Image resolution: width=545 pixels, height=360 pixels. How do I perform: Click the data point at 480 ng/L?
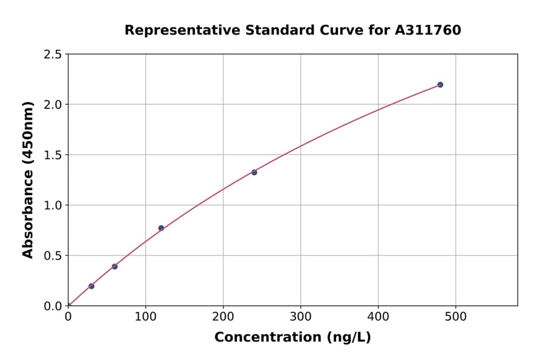click(x=440, y=85)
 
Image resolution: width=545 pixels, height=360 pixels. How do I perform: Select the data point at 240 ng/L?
click(x=254, y=173)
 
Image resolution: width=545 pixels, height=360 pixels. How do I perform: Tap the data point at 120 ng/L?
click(x=161, y=228)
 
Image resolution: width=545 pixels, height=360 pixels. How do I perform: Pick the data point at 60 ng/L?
click(x=114, y=267)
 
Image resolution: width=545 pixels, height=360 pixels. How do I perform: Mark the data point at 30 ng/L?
click(x=91, y=286)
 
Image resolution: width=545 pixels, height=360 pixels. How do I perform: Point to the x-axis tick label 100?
click(x=145, y=316)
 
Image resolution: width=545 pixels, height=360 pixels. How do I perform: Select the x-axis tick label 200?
click(x=223, y=316)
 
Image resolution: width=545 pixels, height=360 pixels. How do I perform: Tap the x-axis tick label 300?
click(x=300, y=316)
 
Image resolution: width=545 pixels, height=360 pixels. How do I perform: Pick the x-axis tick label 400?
click(x=378, y=316)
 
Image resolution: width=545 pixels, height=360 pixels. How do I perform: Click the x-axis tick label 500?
click(x=455, y=316)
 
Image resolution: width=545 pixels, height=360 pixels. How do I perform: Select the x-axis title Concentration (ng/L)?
click(x=292, y=338)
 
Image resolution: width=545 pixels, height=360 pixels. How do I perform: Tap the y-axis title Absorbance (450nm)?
click(x=28, y=180)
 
